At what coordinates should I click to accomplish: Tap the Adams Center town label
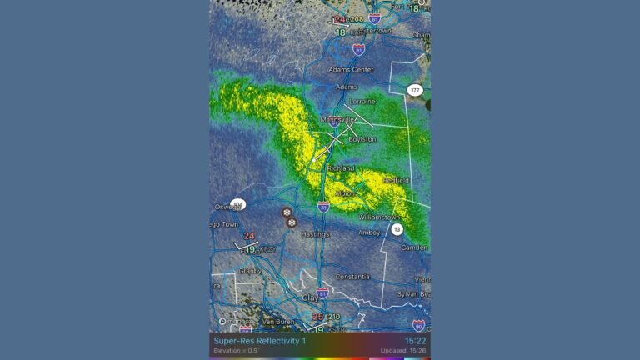pyautogui.click(x=351, y=70)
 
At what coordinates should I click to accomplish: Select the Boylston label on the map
pyautogui.click(x=362, y=139)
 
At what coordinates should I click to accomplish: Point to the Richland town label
pyautogui.click(x=341, y=167)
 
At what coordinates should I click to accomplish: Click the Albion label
pyautogui.click(x=345, y=193)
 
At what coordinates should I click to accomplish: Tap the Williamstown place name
pyautogui.click(x=379, y=217)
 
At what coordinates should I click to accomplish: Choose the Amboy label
pyautogui.click(x=369, y=232)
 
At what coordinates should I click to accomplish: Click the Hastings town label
pyautogui.click(x=315, y=234)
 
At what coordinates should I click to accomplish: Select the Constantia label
pyautogui.click(x=352, y=277)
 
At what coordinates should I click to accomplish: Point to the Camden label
pyautogui.click(x=414, y=247)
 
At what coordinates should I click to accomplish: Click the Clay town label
pyautogui.click(x=310, y=297)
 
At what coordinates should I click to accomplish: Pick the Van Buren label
pyautogui.click(x=277, y=321)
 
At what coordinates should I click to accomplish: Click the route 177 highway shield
pyautogui.click(x=415, y=90)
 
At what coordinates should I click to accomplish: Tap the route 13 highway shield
pyautogui.click(x=397, y=229)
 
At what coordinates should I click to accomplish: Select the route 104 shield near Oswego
pyautogui.click(x=238, y=203)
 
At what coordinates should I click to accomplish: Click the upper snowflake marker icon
pyautogui.click(x=287, y=212)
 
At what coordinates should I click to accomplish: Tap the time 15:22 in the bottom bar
pyautogui.click(x=415, y=340)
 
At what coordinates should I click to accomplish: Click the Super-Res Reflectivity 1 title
pyautogui.click(x=259, y=340)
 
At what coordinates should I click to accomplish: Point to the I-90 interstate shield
pyautogui.click(x=418, y=325)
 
